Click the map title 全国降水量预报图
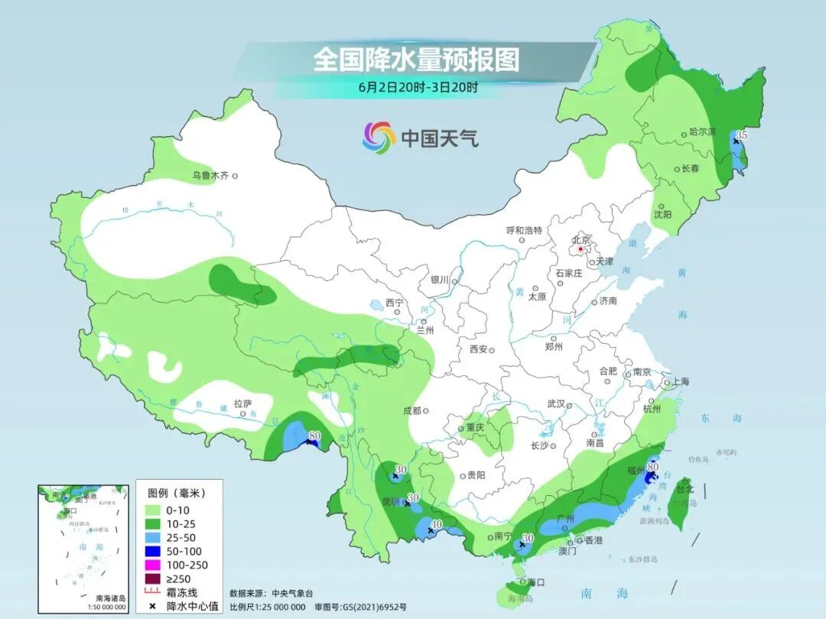416,60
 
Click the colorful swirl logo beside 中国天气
379,137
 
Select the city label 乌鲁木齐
210,176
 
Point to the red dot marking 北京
581,249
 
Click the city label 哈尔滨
702,132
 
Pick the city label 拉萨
242,403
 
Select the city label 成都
411,410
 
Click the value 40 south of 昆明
437,524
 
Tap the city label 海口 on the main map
535,582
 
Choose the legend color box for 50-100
151,551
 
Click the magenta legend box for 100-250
151,565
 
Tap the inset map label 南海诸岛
111,598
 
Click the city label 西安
479,349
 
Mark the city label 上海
680,381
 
